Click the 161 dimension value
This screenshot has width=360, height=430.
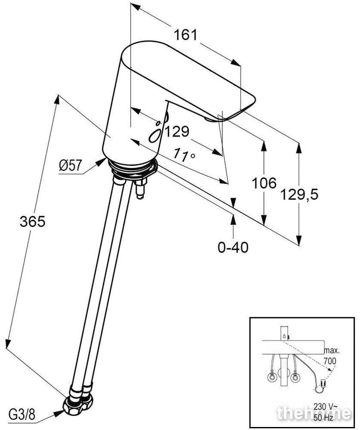coord(185,35)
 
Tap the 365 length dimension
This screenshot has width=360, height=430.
coord(32,221)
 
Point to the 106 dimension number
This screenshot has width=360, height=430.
coord(264,183)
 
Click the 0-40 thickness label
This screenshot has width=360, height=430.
coord(233,247)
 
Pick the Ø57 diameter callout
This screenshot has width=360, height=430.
coord(71,165)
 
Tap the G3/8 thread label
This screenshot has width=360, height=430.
coord(22,415)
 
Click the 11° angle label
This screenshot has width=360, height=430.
coord(185,155)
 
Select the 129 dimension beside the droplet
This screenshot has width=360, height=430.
coord(177,131)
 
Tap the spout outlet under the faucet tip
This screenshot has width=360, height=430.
coord(209,119)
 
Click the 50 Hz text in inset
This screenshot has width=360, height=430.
coord(323,418)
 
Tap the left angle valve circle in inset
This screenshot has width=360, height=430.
coord(272,377)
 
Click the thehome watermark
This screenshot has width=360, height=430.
coord(314,413)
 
